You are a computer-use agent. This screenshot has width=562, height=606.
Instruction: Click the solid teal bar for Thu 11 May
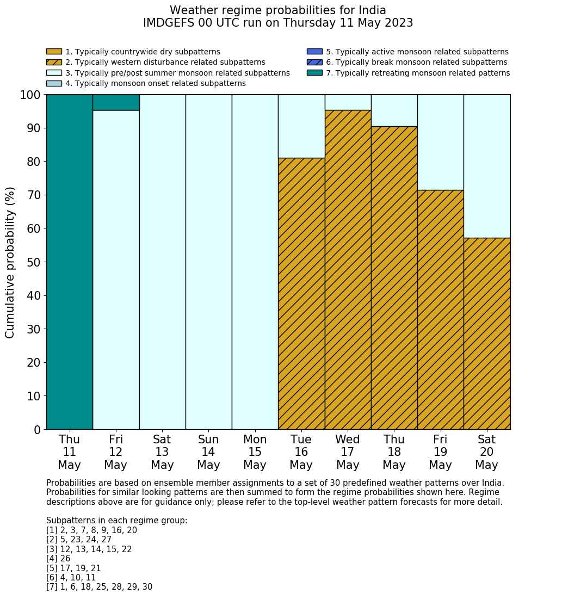click(70, 262)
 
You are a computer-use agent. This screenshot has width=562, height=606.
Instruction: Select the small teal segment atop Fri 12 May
click(116, 102)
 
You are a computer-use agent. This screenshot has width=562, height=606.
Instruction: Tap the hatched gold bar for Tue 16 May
click(301, 294)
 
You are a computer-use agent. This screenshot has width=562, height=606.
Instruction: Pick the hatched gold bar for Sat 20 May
click(487, 333)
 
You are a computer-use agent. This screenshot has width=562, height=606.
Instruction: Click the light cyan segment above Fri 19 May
click(441, 142)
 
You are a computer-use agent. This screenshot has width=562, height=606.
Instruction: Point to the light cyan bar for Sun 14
click(209, 262)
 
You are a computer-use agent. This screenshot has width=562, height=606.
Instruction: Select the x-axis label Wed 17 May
click(348, 452)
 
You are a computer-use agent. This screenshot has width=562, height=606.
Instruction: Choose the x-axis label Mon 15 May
click(255, 452)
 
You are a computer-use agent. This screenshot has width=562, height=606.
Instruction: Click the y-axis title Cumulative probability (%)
click(10, 262)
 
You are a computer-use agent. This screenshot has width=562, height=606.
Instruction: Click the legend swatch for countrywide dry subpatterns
click(54, 52)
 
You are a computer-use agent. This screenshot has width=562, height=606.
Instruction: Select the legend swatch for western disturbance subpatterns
click(54, 62)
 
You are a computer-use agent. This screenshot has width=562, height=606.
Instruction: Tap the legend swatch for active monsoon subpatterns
click(314, 52)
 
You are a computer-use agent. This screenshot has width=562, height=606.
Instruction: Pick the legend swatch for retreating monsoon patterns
click(314, 72)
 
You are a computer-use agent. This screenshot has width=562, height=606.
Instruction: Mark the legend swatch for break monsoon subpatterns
click(314, 62)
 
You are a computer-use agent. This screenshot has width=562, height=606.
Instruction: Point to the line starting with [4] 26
click(58, 559)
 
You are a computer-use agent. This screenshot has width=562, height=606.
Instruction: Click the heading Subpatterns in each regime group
click(116, 521)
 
